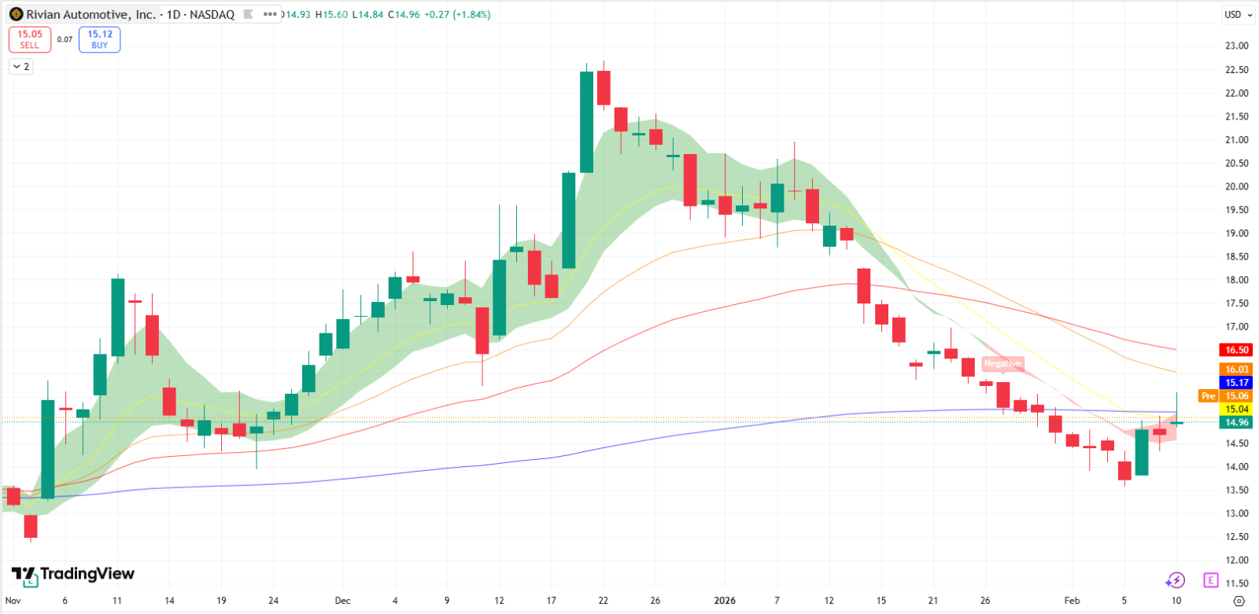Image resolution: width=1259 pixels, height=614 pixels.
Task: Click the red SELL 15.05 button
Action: click(x=30, y=39)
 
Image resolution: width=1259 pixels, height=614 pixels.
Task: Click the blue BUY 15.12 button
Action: click(x=99, y=39)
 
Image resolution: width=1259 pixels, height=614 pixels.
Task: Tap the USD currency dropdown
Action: click(x=1239, y=15)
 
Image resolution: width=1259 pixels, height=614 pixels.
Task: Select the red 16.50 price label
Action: click(x=1236, y=350)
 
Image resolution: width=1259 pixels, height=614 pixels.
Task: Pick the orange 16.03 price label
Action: click(x=1236, y=369)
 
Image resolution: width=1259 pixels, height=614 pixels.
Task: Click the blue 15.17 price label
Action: click(x=1236, y=383)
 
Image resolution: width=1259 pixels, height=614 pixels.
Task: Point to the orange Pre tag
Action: click(x=1208, y=396)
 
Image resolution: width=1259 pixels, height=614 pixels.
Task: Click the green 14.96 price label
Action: click(x=1236, y=422)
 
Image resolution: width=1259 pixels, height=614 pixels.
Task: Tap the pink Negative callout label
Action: click(x=1002, y=363)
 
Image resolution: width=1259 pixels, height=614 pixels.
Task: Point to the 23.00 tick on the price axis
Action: click(x=1236, y=46)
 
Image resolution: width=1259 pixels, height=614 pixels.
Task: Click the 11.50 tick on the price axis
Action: click(x=1236, y=583)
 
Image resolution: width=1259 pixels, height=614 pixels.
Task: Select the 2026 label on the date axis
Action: click(x=725, y=601)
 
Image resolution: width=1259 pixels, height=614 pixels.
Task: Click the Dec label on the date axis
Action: click(x=342, y=601)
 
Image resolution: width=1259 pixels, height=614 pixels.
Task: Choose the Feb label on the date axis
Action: click(x=1072, y=601)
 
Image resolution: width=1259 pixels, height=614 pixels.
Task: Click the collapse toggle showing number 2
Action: click(x=21, y=66)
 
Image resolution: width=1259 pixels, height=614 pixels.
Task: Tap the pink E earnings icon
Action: click(x=1211, y=580)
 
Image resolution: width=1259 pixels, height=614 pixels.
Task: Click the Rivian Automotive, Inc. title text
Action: click(x=91, y=15)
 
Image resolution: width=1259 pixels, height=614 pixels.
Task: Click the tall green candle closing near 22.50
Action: click(x=586, y=122)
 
